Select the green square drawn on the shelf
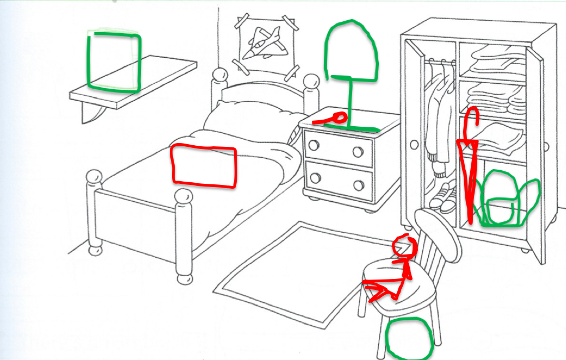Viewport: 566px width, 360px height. pos(114,61)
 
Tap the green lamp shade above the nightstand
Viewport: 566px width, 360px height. pos(350,52)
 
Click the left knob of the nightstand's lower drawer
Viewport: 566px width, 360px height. pos(314,178)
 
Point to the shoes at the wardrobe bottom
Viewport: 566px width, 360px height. pos(444,198)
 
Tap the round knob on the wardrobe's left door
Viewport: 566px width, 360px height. pos(415,145)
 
